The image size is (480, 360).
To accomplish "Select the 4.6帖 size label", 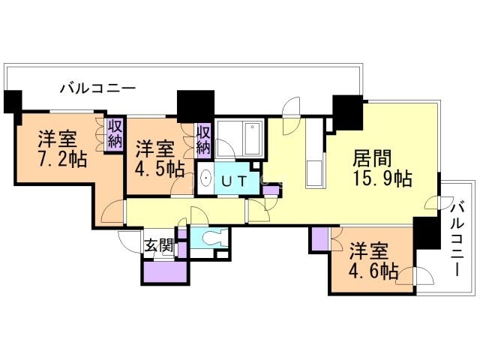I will tap(373, 271).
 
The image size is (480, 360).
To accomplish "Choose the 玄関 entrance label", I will tap(159, 244).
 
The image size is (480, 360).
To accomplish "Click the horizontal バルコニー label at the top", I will tap(97, 88).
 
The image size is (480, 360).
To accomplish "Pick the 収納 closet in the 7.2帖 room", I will tap(115, 135).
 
